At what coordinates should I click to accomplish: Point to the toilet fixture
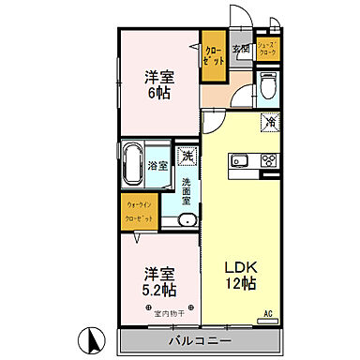tap(267, 89)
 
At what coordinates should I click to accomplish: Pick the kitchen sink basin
tap(238, 157)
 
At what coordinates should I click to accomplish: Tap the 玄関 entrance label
tap(241, 49)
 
